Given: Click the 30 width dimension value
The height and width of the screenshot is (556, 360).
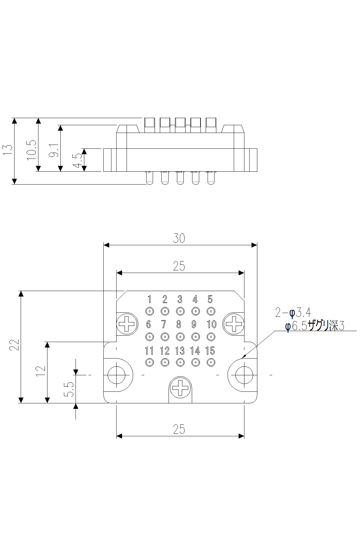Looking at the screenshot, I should click(x=179, y=238).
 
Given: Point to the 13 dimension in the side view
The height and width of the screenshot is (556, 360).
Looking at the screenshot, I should click(x=8, y=149).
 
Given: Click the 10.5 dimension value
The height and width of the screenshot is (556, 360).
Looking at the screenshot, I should click(x=32, y=150).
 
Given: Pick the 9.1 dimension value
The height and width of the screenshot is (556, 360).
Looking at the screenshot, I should click(x=54, y=150).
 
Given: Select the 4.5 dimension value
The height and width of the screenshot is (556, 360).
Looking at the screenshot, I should click(x=77, y=160).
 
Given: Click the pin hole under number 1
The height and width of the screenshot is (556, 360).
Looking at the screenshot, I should click(x=149, y=311).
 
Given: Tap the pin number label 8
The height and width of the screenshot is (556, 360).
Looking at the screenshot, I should click(x=179, y=324).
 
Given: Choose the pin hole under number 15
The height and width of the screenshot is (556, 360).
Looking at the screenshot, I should click(x=211, y=362).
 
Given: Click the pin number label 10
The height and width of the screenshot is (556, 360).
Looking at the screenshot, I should click(x=211, y=324).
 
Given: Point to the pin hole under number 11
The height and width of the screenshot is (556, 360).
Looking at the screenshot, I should click(x=149, y=362).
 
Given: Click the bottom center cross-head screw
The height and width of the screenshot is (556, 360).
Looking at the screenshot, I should click(x=180, y=388).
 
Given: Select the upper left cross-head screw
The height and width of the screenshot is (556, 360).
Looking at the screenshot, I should click(x=127, y=324).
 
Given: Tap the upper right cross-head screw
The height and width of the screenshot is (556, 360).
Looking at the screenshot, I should click(x=234, y=324).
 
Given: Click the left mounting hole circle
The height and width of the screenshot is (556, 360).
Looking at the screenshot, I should click(x=116, y=375).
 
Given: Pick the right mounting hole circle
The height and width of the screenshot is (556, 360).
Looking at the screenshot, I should click(x=244, y=375).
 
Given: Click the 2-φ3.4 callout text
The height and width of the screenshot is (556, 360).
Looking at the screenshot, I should click(x=293, y=313).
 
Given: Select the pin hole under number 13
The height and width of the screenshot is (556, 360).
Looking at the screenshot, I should click(x=180, y=362).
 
